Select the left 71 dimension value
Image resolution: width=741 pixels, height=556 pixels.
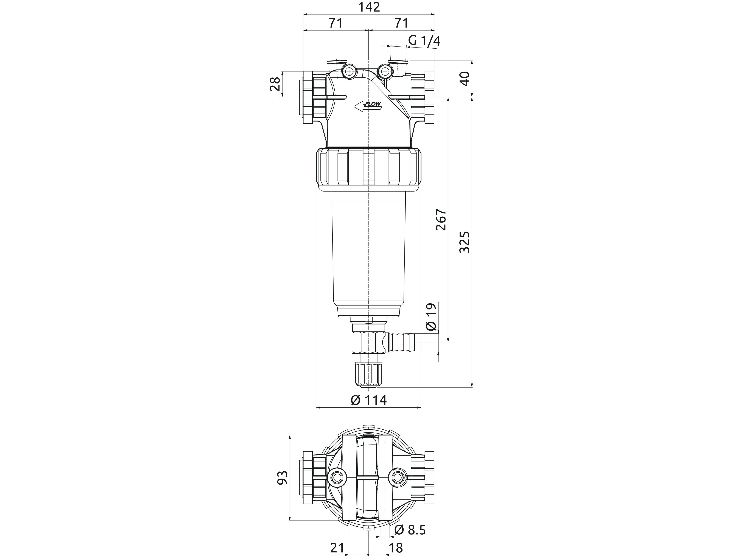click(x=335, y=23)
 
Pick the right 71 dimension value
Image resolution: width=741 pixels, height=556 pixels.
click(x=401, y=23)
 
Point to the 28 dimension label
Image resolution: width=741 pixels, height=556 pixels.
click(x=275, y=84)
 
